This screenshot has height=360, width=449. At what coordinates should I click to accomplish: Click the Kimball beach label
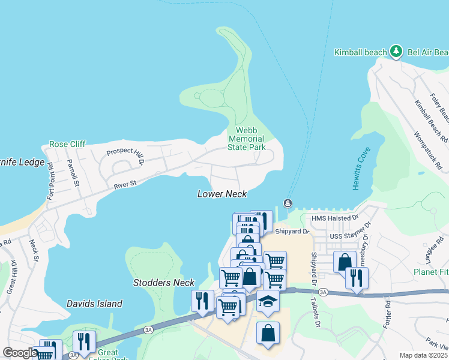(x=361, y=52)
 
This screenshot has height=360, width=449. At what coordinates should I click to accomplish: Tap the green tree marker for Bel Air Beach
(x=396, y=52)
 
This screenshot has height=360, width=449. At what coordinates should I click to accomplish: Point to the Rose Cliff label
(x=67, y=144)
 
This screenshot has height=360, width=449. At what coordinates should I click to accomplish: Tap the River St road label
(x=125, y=185)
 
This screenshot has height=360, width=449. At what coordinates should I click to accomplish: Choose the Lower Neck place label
(x=222, y=194)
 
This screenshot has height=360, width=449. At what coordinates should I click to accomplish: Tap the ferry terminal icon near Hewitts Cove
(x=288, y=203)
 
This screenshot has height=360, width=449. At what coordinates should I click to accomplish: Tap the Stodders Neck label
(x=164, y=283)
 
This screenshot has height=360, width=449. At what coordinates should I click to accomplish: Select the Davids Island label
(x=94, y=304)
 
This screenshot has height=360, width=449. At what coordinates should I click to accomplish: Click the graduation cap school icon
(x=268, y=301)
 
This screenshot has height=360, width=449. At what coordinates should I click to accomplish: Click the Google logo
(x=20, y=353)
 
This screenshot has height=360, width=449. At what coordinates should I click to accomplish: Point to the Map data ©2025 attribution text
(x=423, y=355)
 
